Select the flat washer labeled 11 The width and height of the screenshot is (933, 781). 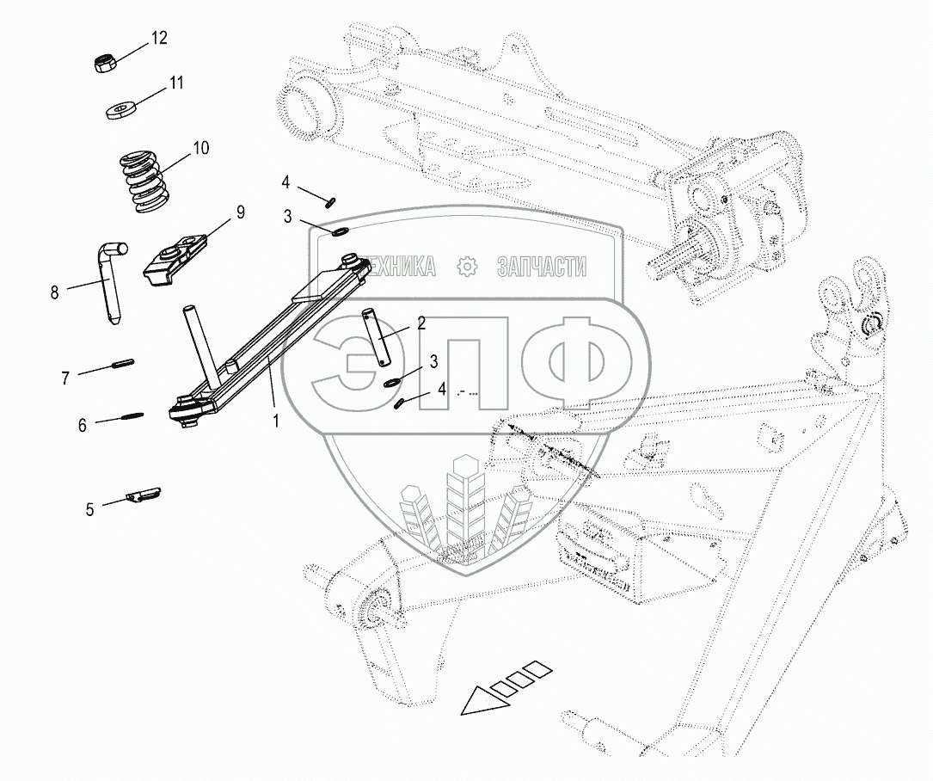tap(122, 111)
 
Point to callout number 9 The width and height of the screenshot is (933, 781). tap(240, 211)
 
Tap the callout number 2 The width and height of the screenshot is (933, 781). tap(421, 323)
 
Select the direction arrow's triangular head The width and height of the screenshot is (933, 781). tap(479, 699)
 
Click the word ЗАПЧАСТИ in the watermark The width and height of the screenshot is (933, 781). tap(541, 267)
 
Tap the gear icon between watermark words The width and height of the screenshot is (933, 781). tap(467, 267)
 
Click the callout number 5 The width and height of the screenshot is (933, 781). tap(89, 509)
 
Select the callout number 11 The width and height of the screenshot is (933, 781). tap(176, 83)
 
